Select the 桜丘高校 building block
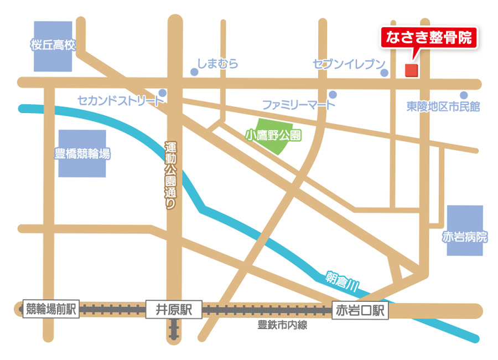coord(53,46)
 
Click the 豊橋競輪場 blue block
coord(82,153)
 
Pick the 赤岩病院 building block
coord(465,231)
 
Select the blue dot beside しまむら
coord(194,72)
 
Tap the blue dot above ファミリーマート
coord(333,94)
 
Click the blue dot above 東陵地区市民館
coord(464,95)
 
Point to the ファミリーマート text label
coord(299,105)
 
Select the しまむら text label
coord(218,64)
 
